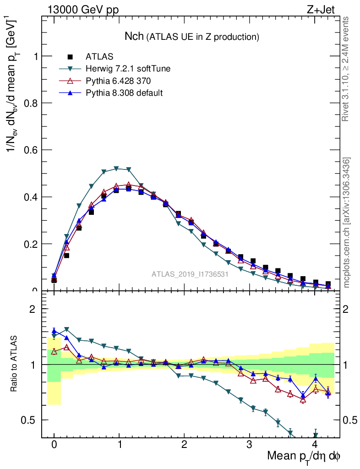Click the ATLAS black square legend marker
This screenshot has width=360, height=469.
click(70, 57)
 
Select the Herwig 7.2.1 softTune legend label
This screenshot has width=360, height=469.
click(128, 69)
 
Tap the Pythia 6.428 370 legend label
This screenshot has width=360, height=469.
click(119, 81)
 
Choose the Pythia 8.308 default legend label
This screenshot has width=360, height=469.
click(125, 93)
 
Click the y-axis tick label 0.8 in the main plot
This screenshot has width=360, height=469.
click(30, 103)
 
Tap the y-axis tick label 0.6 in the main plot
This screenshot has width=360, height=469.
click(30, 150)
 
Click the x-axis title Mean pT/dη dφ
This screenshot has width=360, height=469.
click(304, 456)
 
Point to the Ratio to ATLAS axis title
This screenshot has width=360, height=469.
click(15, 365)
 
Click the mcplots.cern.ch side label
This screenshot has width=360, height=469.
click(347, 223)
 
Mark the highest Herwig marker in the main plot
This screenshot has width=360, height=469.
click(116, 169)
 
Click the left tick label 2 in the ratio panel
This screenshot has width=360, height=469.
click(33, 309)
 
